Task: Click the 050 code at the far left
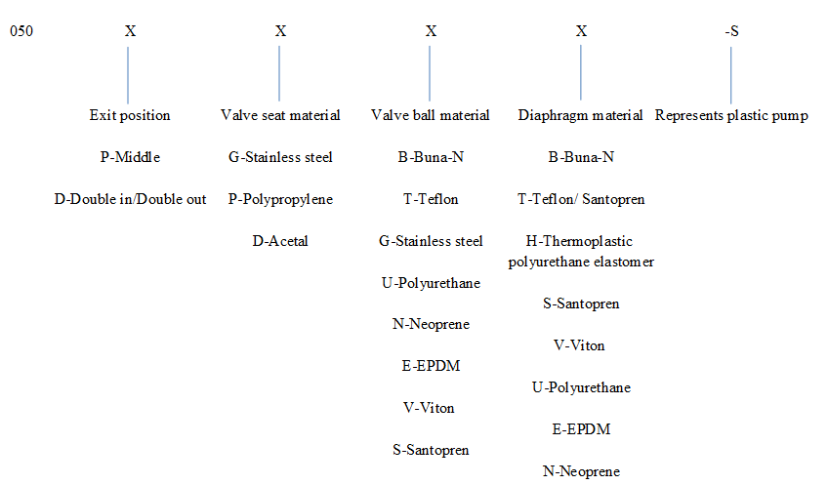(21, 31)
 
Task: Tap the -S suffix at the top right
(731, 31)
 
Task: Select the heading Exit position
(130, 115)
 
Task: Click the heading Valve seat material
(280, 115)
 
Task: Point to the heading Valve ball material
(431, 115)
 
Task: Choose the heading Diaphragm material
(580, 115)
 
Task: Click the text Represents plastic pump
(731, 115)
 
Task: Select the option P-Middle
(130, 157)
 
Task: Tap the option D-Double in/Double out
(130, 199)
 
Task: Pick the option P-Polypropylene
(280, 199)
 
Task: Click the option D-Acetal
(280, 241)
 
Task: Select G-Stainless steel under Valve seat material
(280, 157)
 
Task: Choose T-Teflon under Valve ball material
(431, 199)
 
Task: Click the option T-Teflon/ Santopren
(581, 199)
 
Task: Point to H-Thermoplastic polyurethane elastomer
(581, 251)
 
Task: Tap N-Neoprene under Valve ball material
(431, 324)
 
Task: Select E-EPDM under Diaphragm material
(581, 429)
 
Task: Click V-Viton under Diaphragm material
(579, 345)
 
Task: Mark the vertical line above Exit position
(128, 75)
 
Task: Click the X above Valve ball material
(431, 31)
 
